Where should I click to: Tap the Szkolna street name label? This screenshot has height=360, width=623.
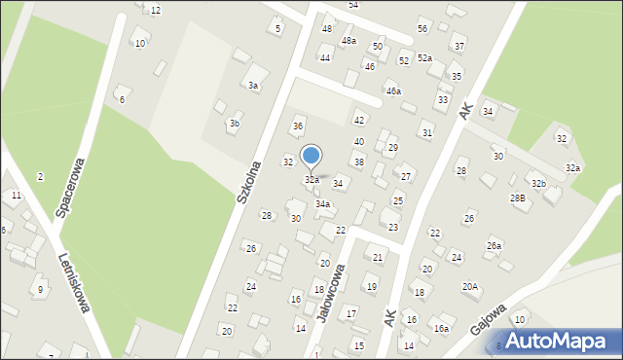point(249,181)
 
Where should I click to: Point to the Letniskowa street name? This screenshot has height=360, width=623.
point(75,283)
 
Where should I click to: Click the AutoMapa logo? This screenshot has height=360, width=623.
point(558,341)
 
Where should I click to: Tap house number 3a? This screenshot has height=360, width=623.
point(253,87)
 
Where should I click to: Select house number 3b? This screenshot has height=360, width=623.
point(234,124)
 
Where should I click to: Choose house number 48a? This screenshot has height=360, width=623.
point(348,41)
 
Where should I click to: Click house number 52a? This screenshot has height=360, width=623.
point(424,58)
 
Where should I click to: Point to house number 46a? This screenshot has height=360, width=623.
point(393,90)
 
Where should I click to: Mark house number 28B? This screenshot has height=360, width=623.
point(517,198)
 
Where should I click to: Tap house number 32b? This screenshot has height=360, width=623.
point(538,183)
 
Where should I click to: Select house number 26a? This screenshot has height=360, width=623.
point(494,245)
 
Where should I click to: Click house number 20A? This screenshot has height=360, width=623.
point(470,286)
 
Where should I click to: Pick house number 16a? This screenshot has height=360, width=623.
point(441,329)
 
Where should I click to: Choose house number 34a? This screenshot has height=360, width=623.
point(322,204)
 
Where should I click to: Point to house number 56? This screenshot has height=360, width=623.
point(422,28)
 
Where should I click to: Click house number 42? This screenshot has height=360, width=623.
point(359,120)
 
